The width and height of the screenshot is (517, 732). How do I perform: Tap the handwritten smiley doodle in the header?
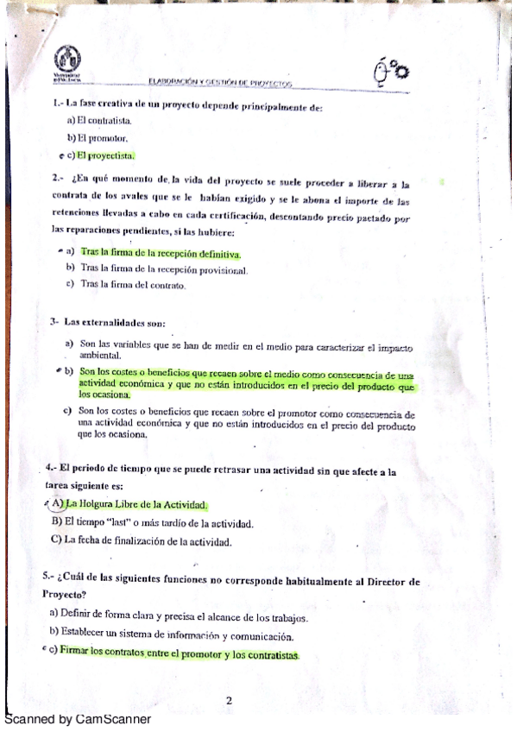point(390,72)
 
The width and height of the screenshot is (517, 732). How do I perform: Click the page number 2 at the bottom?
point(229,700)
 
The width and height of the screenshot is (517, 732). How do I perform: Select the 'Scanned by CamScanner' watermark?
point(78,719)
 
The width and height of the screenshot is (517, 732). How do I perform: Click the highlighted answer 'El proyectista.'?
point(105,155)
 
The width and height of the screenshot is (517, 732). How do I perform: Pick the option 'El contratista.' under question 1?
point(98,122)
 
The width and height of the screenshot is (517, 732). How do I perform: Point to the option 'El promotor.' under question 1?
point(98,138)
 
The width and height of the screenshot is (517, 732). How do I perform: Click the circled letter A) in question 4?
point(57,503)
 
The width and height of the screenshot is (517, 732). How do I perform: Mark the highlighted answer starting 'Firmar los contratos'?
point(180,655)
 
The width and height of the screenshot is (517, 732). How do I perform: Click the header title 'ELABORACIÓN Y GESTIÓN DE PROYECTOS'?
point(221,82)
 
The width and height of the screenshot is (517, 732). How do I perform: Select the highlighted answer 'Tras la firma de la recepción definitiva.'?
point(161,254)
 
